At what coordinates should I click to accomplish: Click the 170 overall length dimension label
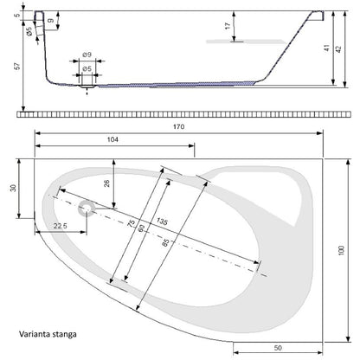pos(179,126)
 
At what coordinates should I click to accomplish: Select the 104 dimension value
pos(112,139)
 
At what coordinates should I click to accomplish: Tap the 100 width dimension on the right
pos(341,250)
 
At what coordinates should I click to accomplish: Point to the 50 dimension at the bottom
pos(278,348)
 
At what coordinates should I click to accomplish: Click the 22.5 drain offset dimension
pos(61,226)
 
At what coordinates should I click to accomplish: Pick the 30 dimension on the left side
pos(13,188)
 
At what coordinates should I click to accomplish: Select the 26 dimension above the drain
pos(106,183)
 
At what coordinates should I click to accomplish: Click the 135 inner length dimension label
pos(162,222)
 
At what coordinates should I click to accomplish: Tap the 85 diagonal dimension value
pos(165,243)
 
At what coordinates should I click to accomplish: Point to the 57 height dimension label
pos(18,66)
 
